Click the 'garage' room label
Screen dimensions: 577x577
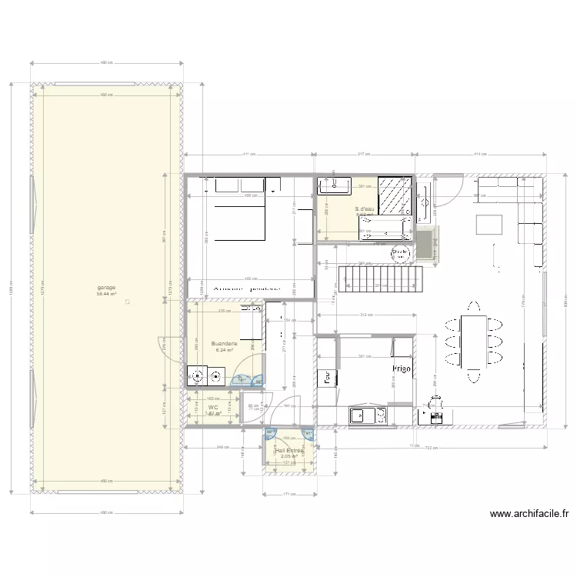coord(106,288)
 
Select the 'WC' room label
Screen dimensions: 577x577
coord(213,407)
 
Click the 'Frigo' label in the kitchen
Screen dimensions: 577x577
coord(402,369)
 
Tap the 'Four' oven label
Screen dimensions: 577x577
coord(327,377)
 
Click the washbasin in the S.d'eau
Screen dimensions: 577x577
coord(338,185)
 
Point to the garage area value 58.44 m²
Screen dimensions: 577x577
coord(106,294)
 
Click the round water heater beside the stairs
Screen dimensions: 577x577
coord(399,252)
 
